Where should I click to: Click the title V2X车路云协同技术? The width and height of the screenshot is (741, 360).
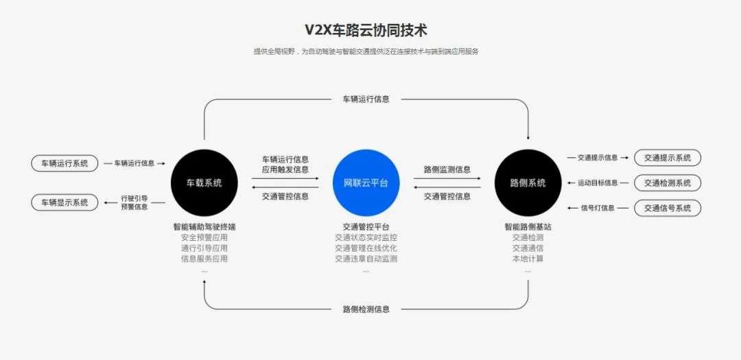click(366, 29)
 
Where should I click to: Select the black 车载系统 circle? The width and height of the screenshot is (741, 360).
click(204, 183)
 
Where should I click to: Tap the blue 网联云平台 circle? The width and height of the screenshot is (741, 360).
click(366, 183)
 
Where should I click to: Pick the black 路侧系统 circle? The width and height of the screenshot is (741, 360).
click(528, 183)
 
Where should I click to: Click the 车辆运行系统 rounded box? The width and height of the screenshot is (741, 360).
click(64, 163)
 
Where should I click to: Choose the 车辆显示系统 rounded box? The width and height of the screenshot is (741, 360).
click(64, 202)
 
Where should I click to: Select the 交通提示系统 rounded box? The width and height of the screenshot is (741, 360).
click(668, 158)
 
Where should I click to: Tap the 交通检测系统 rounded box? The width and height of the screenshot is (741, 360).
click(668, 183)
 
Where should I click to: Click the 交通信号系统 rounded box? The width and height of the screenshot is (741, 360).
click(668, 208)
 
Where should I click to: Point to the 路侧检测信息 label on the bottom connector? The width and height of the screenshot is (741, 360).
click(366, 309)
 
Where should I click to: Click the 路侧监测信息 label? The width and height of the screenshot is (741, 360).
click(447, 169)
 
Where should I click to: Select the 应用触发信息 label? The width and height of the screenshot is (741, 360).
click(285, 169)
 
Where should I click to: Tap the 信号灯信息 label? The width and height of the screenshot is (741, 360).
click(598, 208)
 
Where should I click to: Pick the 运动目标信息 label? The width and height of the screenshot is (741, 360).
click(598, 183)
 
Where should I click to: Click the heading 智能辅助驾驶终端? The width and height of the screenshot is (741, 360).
click(204, 227)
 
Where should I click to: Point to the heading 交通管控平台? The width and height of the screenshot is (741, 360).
click(366, 227)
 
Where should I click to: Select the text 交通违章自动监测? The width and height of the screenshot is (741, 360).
click(366, 259)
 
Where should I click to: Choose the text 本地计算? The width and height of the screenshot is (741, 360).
click(528, 259)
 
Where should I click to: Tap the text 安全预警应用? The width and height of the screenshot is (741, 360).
click(204, 237)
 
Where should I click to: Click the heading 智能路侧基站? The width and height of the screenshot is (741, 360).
click(528, 227)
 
